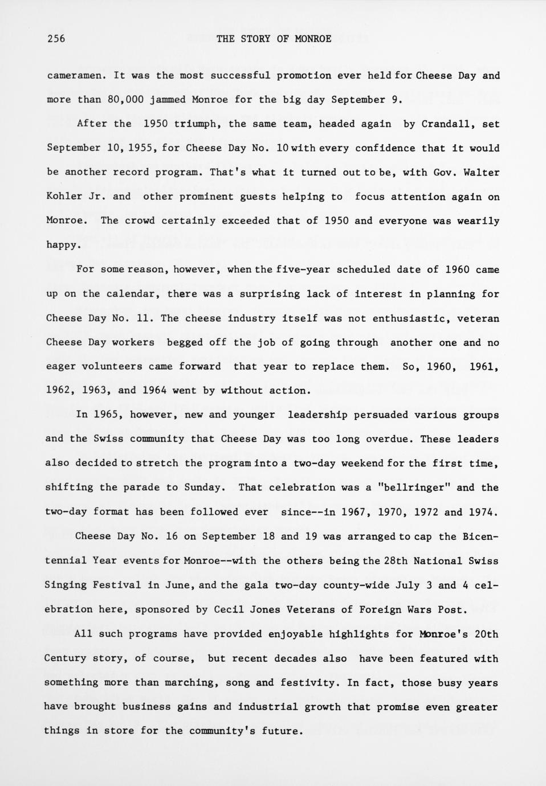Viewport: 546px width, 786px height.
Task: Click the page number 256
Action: click(56, 39)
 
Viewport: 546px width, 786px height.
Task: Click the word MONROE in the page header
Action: click(313, 39)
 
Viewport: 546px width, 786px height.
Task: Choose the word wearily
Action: click(479, 221)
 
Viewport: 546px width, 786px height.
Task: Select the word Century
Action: click(66, 658)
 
